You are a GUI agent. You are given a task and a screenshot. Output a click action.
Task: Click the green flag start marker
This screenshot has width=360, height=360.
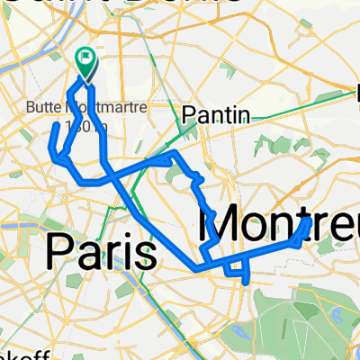coord(87,62)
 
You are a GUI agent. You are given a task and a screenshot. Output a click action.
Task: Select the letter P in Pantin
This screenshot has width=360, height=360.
coord(189,114)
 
